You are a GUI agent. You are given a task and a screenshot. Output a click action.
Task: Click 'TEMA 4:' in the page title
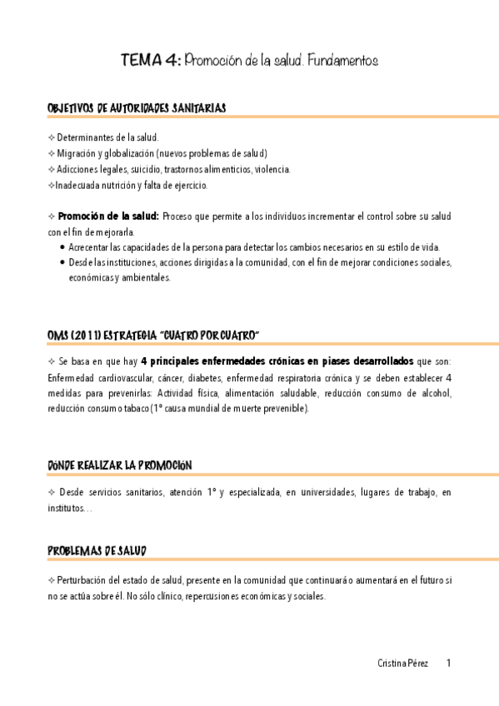click(x=149, y=61)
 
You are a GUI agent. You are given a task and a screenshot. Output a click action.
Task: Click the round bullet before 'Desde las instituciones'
click(x=62, y=263)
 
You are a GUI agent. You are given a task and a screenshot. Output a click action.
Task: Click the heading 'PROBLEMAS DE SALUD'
click(x=98, y=551)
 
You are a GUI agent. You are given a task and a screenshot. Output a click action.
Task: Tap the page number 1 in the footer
click(x=449, y=664)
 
